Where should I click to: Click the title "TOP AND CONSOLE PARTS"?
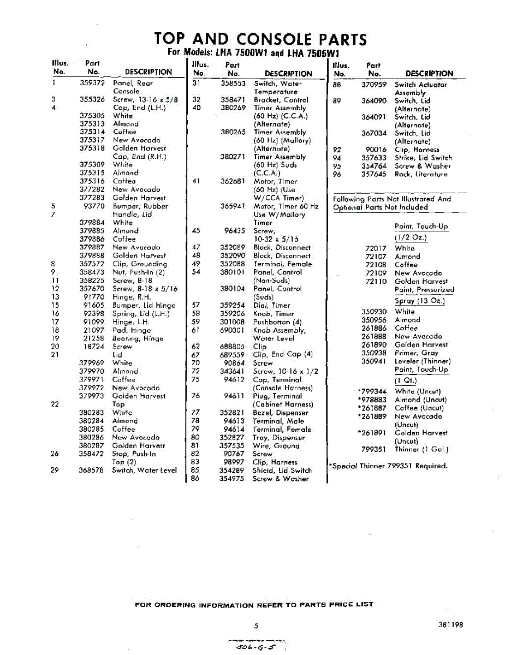tap(260, 39)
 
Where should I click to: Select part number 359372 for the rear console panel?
tap(92, 83)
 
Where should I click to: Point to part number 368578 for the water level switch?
tap(92, 470)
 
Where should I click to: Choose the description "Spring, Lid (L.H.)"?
tap(141, 314)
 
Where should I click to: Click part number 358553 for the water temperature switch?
tap(233, 84)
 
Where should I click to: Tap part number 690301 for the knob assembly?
tap(233, 330)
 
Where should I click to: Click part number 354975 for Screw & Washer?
tap(233, 479)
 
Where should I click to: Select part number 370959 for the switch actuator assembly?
tap(374, 85)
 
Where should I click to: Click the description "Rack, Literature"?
tap(421, 174)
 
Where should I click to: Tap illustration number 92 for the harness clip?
tap(337, 150)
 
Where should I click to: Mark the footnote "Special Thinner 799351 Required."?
tap(388, 466)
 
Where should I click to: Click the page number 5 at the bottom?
tap(256, 626)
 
